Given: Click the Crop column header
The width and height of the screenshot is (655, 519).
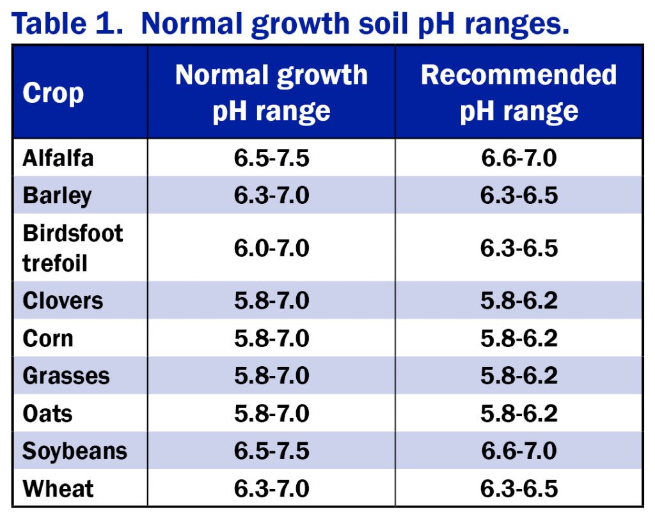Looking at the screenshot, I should [53, 93].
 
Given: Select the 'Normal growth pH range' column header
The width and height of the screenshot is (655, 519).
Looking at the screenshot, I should [271, 93].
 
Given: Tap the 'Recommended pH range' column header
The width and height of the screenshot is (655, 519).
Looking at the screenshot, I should [519, 93].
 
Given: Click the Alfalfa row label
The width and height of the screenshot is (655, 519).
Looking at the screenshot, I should [58, 158].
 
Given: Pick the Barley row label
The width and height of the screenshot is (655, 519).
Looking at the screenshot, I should [57, 196].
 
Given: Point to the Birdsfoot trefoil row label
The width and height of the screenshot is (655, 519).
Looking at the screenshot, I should [72, 248].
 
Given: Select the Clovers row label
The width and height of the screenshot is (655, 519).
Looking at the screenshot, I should [63, 300].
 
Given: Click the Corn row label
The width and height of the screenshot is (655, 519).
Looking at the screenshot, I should [48, 338].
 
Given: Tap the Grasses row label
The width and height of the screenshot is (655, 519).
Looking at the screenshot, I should [66, 376].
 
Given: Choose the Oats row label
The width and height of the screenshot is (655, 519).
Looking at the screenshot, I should [47, 414].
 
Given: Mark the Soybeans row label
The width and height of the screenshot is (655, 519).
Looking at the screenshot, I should [75, 451].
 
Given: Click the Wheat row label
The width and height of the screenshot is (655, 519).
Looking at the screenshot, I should [58, 489].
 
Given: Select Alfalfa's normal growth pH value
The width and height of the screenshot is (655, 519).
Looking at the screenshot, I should [271, 158].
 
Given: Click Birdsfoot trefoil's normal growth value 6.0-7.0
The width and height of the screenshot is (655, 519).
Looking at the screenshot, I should [271, 248].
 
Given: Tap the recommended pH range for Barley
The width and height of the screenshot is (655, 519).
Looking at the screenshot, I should [519, 196].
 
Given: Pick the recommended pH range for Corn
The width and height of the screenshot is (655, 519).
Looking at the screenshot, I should [519, 338].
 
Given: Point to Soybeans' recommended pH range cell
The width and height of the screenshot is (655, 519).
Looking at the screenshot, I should [519, 451].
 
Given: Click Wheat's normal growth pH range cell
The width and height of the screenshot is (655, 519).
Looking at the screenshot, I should [271, 489].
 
